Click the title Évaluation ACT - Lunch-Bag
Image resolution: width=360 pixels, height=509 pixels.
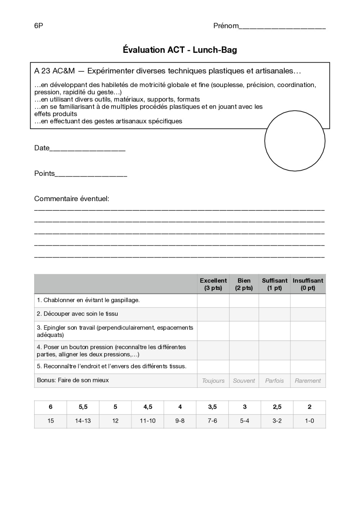coord(180,50)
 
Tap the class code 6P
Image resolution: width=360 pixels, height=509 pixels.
coord(39,26)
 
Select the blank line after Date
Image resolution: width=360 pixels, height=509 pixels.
coord(87,149)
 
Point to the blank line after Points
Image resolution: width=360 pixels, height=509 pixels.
coord(91,174)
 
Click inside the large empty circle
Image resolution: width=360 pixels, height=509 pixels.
coord(295,141)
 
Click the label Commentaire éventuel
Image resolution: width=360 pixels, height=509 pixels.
coord(71,199)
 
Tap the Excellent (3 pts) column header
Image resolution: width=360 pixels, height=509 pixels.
coord(213,284)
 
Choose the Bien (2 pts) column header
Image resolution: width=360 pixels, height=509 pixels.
coord(244,284)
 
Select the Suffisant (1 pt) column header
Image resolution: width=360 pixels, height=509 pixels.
coord(274,284)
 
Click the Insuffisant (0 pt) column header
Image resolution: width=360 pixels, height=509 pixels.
coord(308,284)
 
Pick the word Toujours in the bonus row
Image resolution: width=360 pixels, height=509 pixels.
coord(213,381)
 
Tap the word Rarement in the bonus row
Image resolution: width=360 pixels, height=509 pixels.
coord(308,381)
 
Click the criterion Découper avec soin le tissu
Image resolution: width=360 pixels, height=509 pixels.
coord(77,314)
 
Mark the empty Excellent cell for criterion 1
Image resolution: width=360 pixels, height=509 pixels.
coord(213,300)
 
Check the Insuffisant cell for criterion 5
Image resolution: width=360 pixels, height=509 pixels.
coord(308,367)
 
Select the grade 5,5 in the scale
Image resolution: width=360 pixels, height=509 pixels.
coord(83,407)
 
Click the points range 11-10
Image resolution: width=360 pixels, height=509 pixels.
coord(148,421)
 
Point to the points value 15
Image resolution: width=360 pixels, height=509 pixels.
coord(50,421)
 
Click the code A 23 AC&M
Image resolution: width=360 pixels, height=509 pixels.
coord(54,71)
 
